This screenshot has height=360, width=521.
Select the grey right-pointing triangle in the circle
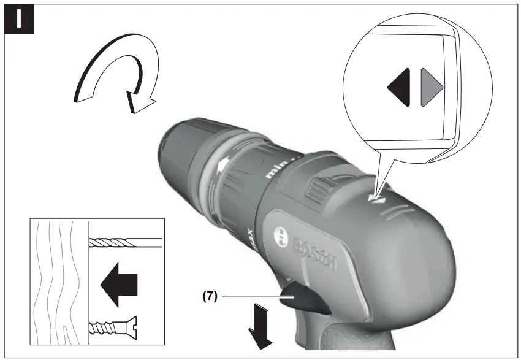coord(430,88)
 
